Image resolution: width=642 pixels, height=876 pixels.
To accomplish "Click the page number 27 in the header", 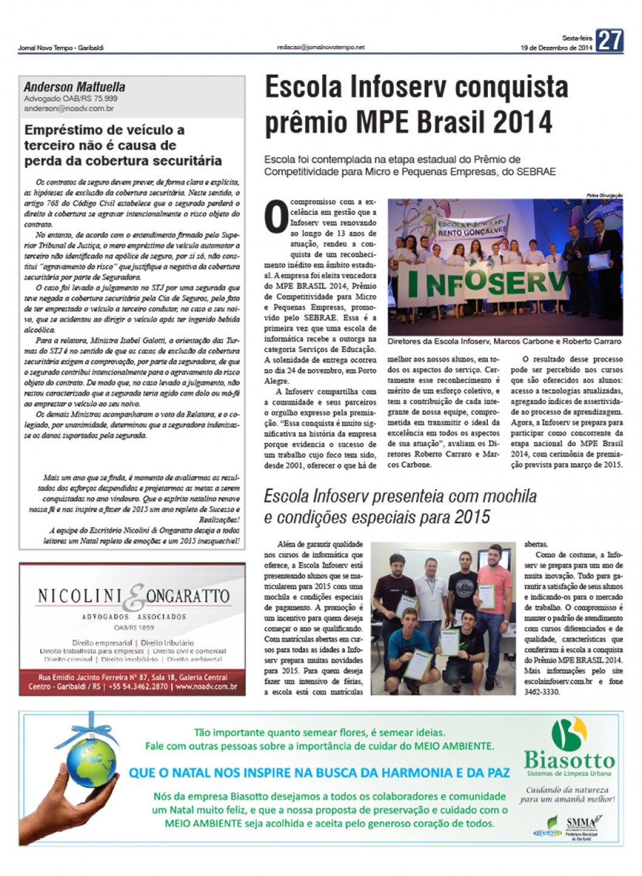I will pyautogui.click(x=609, y=41).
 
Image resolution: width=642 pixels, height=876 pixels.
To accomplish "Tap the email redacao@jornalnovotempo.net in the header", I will pyautogui.click(x=320, y=47).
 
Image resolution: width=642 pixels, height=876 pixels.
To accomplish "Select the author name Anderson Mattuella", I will pyautogui.click(x=75, y=87).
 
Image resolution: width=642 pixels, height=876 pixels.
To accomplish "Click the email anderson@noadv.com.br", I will pyautogui.click(x=69, y=109).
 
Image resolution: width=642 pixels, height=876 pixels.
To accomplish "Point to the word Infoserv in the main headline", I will pyautogui.click(x=397, y=87).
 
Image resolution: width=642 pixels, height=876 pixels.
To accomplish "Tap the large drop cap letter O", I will pyautogui.click(x=276, y=217).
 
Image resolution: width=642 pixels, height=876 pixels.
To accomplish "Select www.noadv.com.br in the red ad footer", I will pyautogui.click(x=206, y=687).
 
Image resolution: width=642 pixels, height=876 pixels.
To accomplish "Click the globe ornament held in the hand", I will pyautogui.click(x=92, y=766).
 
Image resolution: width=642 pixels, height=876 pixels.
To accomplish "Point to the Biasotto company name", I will pyautogui.click(x=569, y=760).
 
